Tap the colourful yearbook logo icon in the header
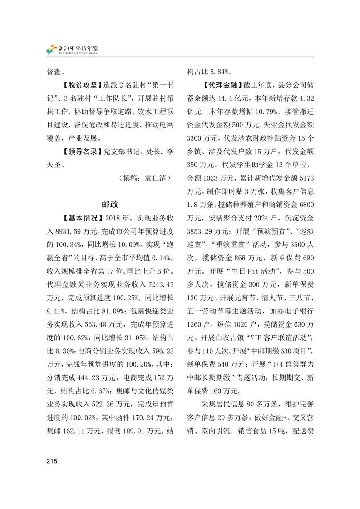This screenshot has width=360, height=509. pyautogui.click(x=54, y=49)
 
